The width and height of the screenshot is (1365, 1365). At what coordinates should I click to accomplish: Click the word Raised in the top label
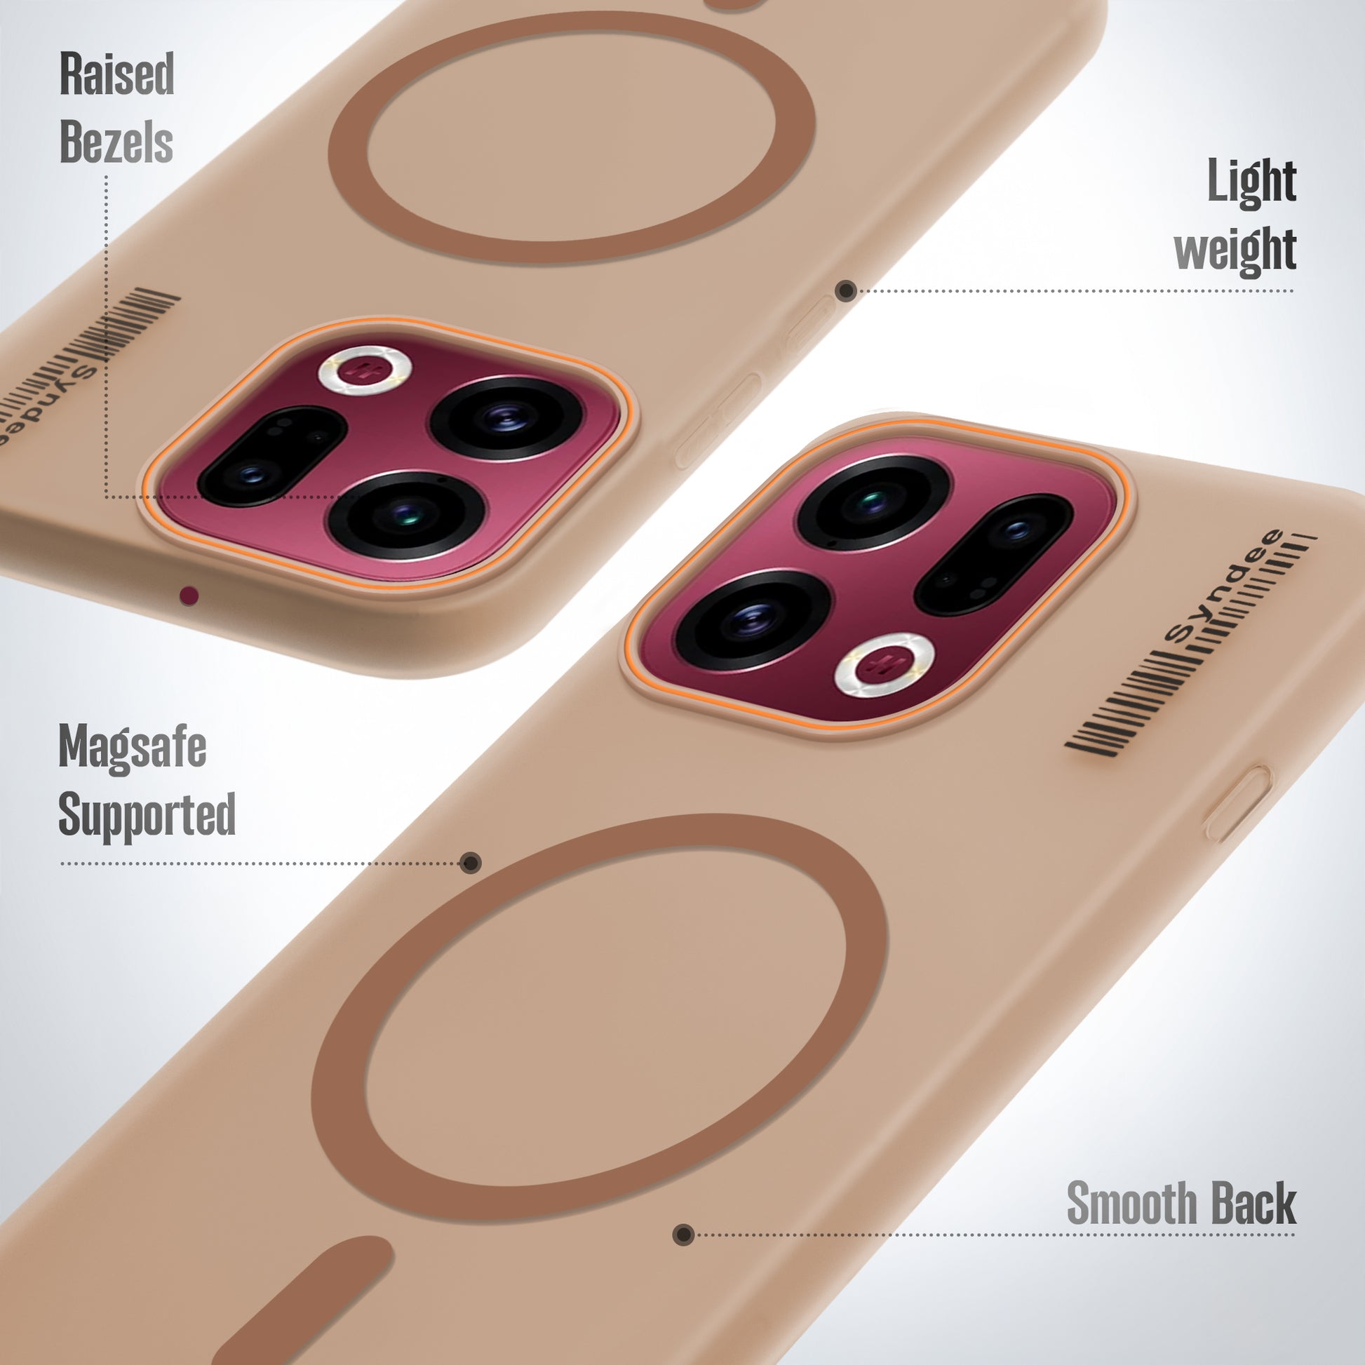click(x=116, y=74)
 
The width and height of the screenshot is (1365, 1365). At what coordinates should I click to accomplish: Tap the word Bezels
click(x=116, y=141)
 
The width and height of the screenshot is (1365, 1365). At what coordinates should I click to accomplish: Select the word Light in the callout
click(x=1251, y=182)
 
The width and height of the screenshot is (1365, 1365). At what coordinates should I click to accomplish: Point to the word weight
click(x=1235, y=250)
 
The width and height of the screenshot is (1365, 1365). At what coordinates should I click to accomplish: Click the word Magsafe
click(x=132, y=747)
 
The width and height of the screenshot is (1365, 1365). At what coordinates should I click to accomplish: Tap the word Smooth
click(x=1131, y=1203)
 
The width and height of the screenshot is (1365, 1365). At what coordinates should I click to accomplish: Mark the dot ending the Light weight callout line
click(x=846, y=290)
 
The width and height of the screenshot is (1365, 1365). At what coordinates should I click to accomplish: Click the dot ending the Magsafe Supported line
click(x=471, y=863)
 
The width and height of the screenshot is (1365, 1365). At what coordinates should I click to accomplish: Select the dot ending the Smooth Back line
click(x=682, y=1235)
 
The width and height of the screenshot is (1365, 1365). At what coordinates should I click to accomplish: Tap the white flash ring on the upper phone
click(x=365, y=370)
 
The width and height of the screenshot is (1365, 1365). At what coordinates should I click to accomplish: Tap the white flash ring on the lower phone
click(x=883, y=664)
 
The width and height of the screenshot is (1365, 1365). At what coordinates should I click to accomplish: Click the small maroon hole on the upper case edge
click(x=189, y=596)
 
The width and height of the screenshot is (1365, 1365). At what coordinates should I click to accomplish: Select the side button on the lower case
click(x=1237, y=804)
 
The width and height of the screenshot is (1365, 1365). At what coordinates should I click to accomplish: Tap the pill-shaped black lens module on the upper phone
click(x=271, y=456)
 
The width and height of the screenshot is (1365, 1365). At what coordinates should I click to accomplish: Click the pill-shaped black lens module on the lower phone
click(x=993, y=555)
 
